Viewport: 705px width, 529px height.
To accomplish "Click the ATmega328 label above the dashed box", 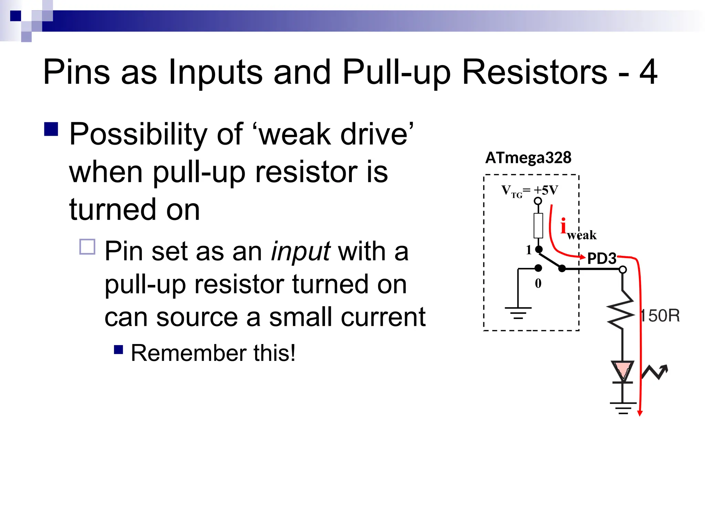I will [528, 158].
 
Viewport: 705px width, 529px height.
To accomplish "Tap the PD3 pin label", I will [601, 258].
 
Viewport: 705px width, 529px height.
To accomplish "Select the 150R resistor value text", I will [660, 316].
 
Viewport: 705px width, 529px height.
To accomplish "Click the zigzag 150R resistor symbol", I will [622, 310].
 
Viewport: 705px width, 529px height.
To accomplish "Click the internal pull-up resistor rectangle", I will [538, 226].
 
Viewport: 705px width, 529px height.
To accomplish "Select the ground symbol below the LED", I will [623, 408].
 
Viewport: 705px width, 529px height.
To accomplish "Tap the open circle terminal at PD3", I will [623, 270].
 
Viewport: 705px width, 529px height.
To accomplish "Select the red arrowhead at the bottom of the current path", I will [640, 413].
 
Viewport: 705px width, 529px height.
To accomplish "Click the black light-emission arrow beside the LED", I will [655, 372].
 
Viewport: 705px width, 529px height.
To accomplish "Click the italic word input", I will [301, 251].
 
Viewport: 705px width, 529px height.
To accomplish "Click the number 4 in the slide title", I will [648, 72].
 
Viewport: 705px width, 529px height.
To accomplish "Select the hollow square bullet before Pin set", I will [87, 247].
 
